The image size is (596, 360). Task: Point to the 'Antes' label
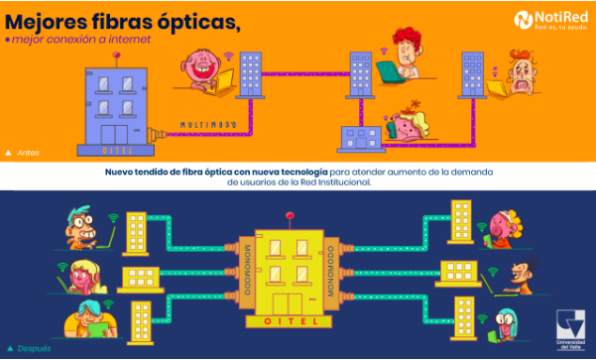(x=28, y=153)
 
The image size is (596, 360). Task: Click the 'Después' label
(x=33, y=349)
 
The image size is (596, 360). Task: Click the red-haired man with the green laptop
(x=404, y=48)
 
